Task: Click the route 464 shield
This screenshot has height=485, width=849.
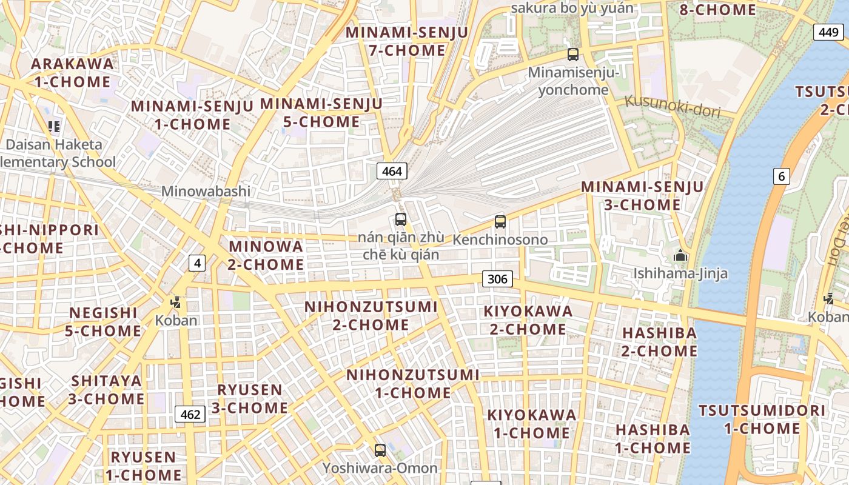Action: tap(392, 171)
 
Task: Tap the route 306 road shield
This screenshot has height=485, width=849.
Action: tap(497, 279)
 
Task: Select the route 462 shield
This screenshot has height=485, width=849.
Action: tap(190, 415)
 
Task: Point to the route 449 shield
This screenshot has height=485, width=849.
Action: tap(828, 32)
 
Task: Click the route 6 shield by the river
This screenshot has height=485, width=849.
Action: tap(782, 176)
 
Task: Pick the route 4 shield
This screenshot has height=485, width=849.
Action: tap(196, 263)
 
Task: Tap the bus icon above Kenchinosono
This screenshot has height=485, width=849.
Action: tap(500, 222)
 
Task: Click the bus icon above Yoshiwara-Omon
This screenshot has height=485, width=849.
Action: tap(380, 450)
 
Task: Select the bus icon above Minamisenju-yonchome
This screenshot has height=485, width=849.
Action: tap(572, 55)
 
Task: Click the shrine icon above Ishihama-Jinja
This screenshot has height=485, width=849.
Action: tap(680, 255)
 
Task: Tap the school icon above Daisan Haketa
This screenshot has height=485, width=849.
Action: tap(54, 126)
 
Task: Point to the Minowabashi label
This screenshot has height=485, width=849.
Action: tap(206, 191)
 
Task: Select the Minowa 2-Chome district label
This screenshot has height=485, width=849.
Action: tap(266, 255)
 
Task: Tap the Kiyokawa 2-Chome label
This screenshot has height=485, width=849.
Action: tap(528, 320)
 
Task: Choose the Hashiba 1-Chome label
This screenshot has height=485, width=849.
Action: tap(653, 439)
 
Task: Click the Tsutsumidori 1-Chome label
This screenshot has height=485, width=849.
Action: tap(762, 420)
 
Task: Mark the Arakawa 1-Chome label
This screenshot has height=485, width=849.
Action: tap(72, 73)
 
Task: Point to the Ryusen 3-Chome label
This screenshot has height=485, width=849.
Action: tap(249, 398)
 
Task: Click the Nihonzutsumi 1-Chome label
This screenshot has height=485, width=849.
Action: tap(413, 384)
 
